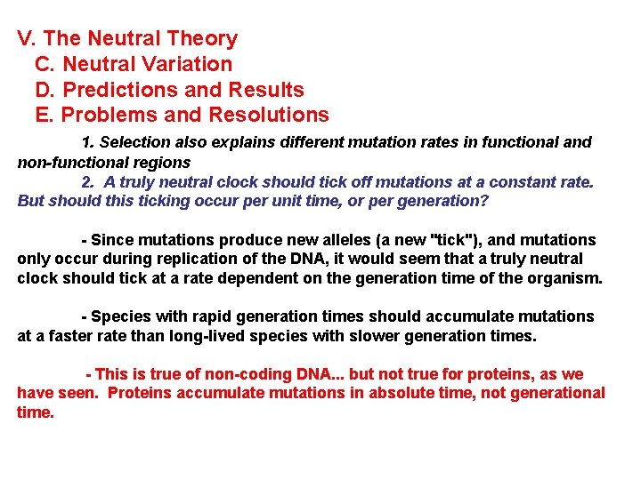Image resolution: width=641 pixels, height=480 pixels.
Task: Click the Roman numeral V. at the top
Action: [27, 39]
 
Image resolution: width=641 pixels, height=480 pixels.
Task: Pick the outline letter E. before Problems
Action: [45, 115]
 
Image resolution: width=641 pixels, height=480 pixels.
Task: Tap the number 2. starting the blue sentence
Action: [87, 181]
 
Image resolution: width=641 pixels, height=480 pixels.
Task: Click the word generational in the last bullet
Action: [556, 394]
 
